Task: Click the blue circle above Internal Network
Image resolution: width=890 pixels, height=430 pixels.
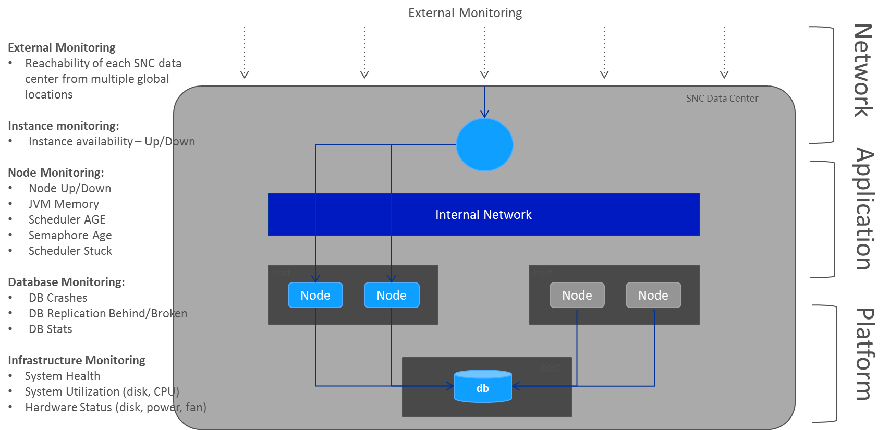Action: point(484,145)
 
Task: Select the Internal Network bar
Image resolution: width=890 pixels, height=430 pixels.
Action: point(483,215)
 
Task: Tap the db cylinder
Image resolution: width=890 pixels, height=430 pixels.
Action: point(483,387)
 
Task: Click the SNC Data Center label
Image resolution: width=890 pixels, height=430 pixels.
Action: point(722,99)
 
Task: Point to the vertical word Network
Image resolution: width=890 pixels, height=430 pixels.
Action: point(863,71)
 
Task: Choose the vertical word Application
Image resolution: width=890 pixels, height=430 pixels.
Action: point(864,209)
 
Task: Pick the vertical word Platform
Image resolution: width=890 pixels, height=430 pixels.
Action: point(864,354)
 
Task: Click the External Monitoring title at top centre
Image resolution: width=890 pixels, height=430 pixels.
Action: point(465,13)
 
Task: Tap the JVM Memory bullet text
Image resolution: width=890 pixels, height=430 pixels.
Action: point(64,204)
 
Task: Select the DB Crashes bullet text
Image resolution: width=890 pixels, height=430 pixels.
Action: point(58,298)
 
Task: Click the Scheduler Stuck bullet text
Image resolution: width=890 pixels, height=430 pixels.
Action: point(70,251)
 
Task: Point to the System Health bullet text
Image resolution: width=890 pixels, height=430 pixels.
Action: point(63,376)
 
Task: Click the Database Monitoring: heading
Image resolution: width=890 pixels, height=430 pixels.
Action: point(66,282)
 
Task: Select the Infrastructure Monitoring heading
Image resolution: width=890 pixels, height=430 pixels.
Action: point(77,361)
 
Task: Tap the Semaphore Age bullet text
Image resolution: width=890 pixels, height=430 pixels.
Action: point(70,236)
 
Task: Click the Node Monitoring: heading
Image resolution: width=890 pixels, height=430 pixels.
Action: point(56,173)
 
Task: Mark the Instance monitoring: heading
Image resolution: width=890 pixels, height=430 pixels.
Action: point(63,126)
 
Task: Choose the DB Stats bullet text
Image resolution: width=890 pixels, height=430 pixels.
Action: point(51,329)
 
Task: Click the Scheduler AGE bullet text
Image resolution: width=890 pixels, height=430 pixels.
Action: point(67,220)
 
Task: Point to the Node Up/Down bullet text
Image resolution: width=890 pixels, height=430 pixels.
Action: point(70,189)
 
